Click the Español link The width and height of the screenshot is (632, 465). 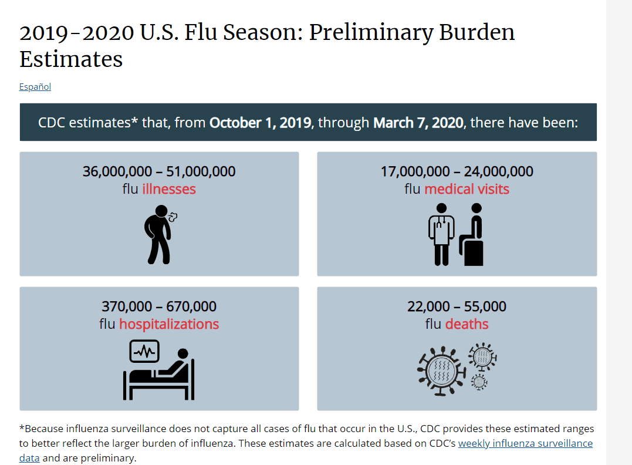35,87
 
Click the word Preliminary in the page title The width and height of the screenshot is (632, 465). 371,33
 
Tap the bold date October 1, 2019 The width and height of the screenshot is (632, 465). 261,123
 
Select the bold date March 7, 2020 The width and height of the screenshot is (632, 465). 418,123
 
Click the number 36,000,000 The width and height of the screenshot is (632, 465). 117,171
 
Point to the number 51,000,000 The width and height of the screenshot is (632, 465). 201,171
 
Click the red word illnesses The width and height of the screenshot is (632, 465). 169,189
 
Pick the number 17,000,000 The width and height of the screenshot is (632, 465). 415,171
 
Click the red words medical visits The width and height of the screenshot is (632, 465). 467,189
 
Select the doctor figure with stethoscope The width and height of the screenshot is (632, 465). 441,234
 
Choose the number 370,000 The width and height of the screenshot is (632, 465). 127,306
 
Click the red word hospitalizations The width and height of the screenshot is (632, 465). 169,324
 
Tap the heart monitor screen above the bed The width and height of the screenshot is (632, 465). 144,351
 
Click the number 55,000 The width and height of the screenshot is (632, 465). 485,306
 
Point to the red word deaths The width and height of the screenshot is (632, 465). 467,324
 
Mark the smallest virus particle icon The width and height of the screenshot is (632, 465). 479,382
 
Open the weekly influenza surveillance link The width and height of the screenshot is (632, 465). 525,444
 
